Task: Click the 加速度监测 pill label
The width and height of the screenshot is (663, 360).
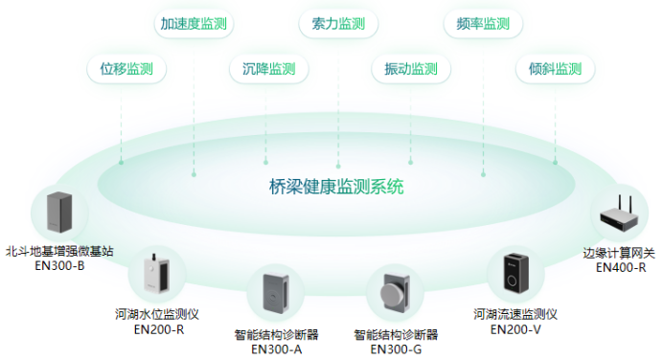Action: pos(194,24)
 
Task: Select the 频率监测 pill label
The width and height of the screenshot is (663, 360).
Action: pos(482,24)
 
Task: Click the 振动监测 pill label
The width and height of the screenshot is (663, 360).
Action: pos(410,69)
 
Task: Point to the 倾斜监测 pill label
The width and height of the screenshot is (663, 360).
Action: pos(555,69)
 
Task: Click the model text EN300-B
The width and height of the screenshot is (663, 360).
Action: pos(59,265)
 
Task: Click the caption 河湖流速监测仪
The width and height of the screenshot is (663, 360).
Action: pos(514,314)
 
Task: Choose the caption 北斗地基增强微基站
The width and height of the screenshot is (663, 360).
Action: pos(59,251)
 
